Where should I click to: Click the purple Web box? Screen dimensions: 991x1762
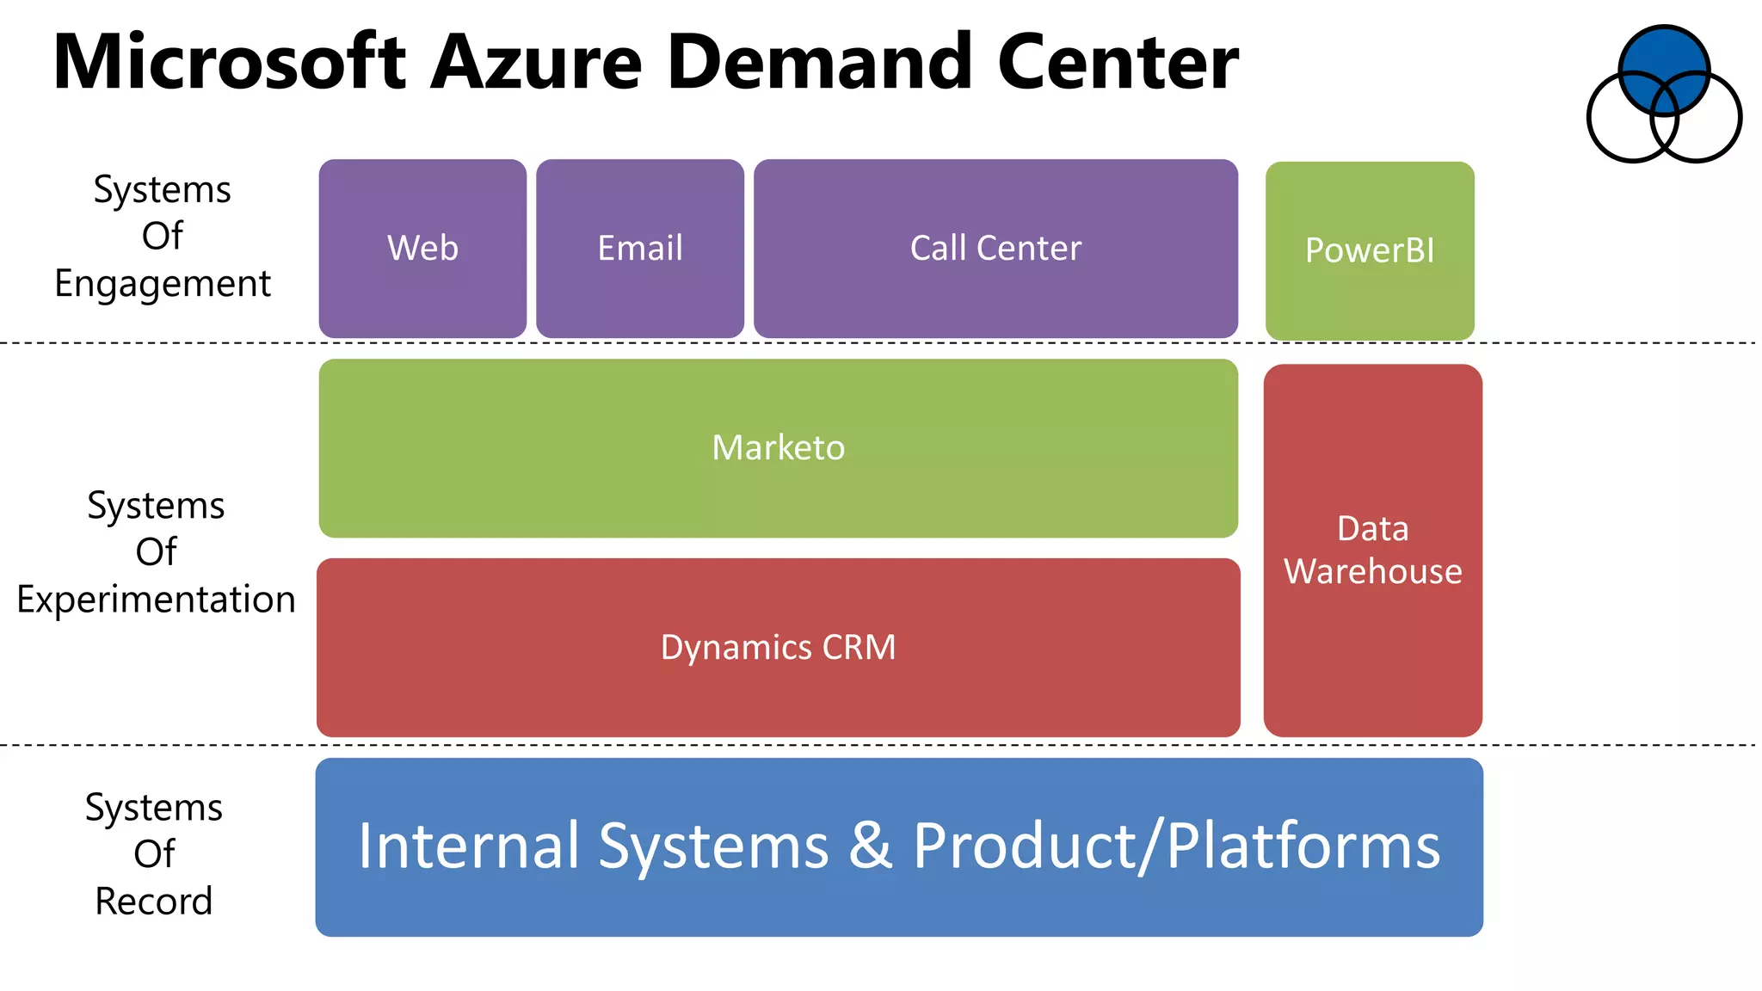422,249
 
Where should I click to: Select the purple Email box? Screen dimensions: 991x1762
640,249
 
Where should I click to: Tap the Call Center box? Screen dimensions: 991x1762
995,249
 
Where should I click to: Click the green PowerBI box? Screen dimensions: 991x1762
1370,250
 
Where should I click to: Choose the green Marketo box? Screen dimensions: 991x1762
778,448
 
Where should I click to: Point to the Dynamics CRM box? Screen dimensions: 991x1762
778,648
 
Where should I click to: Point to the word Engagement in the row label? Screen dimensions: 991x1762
163,284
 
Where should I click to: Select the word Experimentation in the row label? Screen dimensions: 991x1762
156,600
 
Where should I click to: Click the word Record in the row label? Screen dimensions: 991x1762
153,902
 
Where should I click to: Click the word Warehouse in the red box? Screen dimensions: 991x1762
1373,572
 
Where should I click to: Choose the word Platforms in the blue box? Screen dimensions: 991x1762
1303,846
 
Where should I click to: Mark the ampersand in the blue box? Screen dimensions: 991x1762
871,846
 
